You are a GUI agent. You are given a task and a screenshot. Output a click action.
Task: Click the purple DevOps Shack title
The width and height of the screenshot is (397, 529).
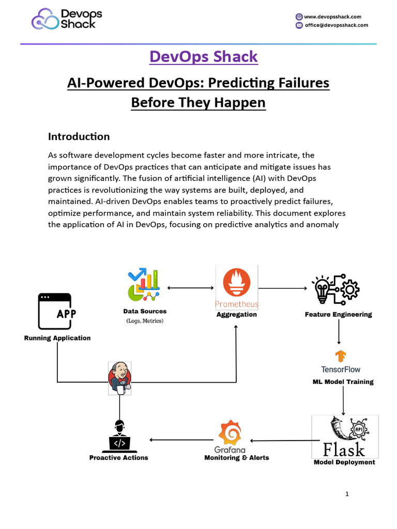[204, 56]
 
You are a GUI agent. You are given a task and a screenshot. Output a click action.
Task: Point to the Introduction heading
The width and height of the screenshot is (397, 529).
[79, 136]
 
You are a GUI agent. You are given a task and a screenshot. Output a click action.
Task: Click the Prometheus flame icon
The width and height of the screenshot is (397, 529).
[237, 283]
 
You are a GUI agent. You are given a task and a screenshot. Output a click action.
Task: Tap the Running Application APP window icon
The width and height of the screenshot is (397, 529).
[55, 311]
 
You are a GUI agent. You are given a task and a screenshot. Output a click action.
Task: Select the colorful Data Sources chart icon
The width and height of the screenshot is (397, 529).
[143, 285]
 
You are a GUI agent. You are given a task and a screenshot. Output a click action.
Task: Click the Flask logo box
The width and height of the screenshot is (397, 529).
[345, 437]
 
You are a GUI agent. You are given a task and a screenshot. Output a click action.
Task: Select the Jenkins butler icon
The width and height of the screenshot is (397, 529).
[119, 378]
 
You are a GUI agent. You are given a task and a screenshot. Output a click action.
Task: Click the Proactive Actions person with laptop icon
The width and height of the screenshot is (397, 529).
[119, 437]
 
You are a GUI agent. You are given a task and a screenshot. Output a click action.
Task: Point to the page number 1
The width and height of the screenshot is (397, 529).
[347, 494]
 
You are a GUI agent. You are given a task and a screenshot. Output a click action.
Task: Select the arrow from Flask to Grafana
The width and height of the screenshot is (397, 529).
[281, 441]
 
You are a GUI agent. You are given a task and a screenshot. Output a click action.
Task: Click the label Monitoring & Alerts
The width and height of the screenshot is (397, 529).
[237, 458]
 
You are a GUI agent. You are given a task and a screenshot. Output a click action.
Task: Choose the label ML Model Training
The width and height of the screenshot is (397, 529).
[343, 382]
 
